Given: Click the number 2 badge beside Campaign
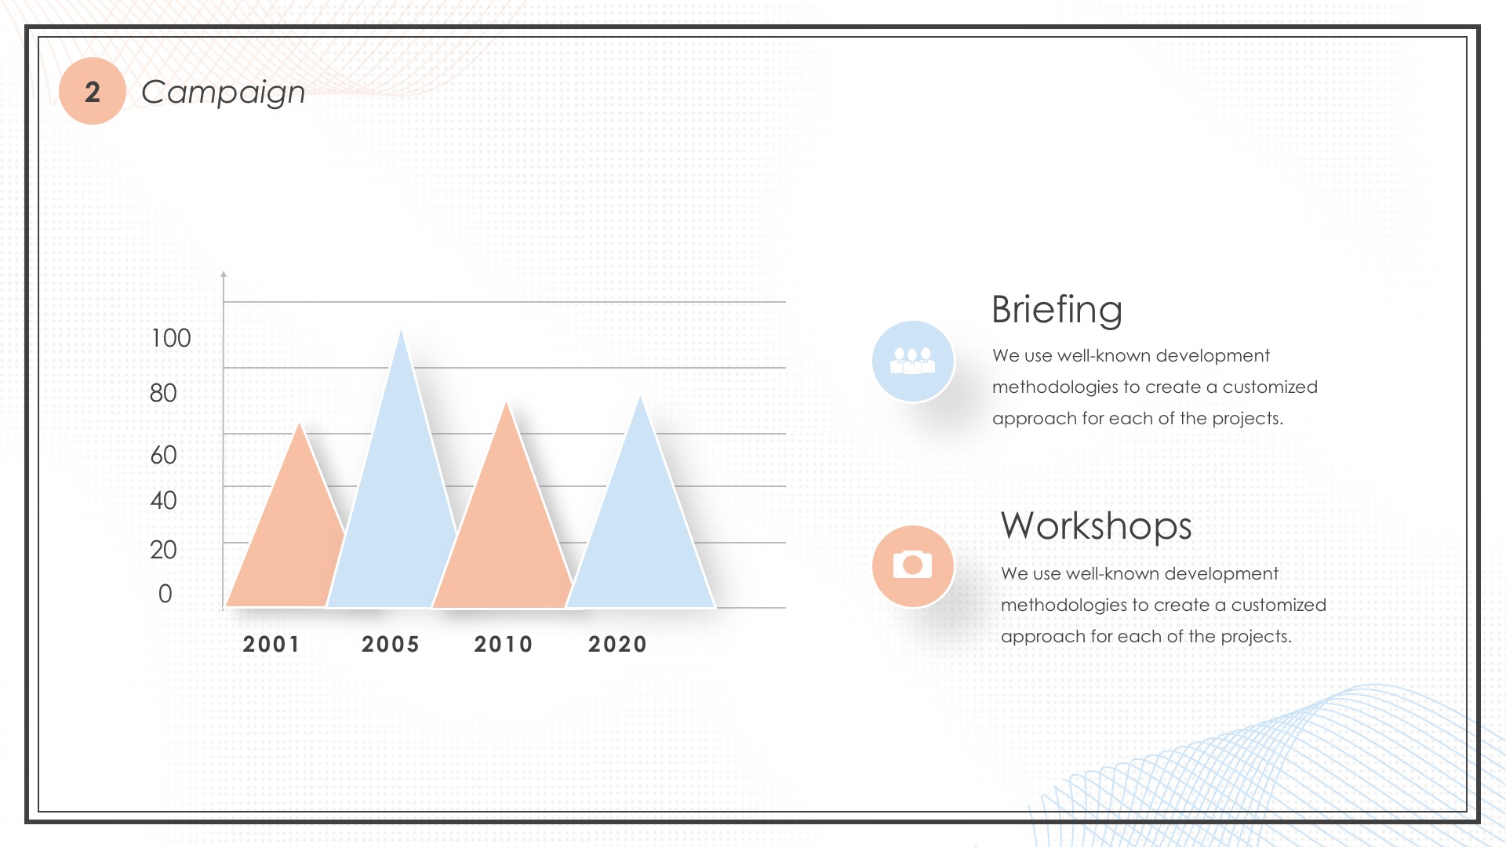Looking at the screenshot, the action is (x=93, y=91).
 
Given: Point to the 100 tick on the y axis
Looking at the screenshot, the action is (x=170, y=338).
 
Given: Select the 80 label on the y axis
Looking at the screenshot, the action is (x=163, y=393).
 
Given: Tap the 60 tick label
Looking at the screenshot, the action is (x=163, y=455).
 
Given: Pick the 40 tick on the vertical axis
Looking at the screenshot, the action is (x=163, y=500).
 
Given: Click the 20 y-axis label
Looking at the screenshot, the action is (x=163, y=550).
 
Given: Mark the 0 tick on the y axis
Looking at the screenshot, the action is (x=165, y=594).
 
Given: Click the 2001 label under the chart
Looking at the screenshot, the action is (x=271, y=645).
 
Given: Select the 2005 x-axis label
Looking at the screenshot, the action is (x=391, y=645).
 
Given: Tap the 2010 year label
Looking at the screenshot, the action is (x=504, y=645).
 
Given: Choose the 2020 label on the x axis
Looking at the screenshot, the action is (x=618, y=645).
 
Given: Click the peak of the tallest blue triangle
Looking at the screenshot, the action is (x=402, y=329).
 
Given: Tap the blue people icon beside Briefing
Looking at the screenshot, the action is (x=913, y=362).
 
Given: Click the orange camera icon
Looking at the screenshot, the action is (x=913, y=565).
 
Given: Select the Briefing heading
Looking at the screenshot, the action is (x=1057, y=310).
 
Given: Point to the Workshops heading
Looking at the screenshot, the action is (x=1097, y=525).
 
